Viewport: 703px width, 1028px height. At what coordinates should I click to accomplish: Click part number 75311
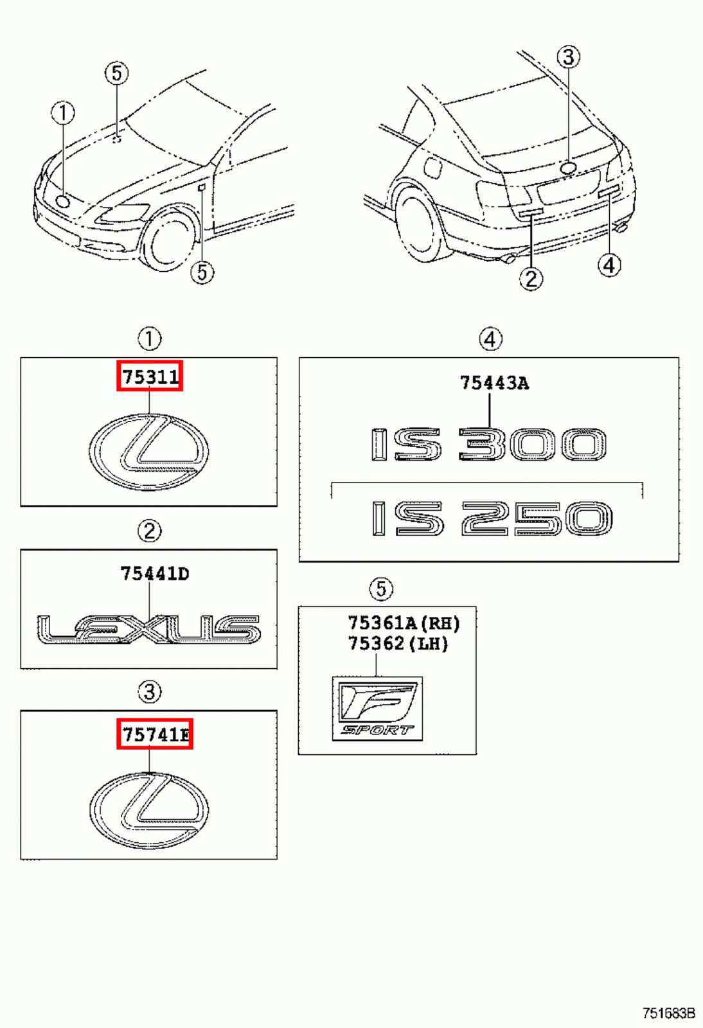pyautogui.click(x=150, y=377)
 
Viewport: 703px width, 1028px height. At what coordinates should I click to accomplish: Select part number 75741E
pyautogui.click(x=155, y=734)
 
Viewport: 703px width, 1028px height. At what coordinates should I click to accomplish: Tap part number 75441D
pyautogui.click(x=155, y=574)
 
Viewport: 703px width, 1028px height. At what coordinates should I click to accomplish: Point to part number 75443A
pyautogui.click(x=494, y=384)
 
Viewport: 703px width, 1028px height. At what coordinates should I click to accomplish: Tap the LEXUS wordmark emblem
pyautogui.click(x=149, y=630)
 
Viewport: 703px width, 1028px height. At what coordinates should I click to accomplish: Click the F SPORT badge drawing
pyautogui.click(x=377, y=709)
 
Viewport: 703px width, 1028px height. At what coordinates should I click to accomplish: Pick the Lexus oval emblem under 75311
pyautogui.click(x=149, y=452)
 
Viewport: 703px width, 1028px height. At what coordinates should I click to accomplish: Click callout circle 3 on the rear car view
pyautogui.click(x=568, y=57)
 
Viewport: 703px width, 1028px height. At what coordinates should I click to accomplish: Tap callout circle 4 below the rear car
pyautogui.click(x=609, y=265)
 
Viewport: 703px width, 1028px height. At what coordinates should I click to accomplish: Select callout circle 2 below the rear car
pyautogui.click(x=531, y=278)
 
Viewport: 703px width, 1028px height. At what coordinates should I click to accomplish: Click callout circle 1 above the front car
pyautogui.click(x=63, y=113)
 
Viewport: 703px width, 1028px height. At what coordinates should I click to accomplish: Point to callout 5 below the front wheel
pyautogui.click(x=202, y=272)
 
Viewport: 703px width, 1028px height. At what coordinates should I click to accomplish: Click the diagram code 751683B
pyautogui.click(x=669, y=1013)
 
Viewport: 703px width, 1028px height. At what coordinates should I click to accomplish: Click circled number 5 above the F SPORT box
pyautogui.click(x=381, y=589)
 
